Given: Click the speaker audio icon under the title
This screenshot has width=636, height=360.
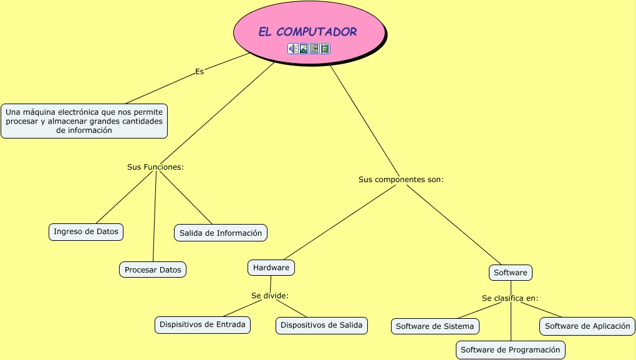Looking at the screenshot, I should tap(292, 49).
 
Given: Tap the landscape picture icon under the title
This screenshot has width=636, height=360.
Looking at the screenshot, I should tap(304, 49).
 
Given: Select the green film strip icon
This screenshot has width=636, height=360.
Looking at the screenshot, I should tap(325, 49).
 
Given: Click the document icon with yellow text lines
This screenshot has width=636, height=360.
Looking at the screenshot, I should tap(314, 49).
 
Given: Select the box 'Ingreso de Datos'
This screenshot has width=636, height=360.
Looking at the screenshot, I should tap(86, 231).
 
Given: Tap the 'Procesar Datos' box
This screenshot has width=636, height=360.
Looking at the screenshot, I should tap(153, 270).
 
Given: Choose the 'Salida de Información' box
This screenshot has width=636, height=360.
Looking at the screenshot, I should tap(221, 233).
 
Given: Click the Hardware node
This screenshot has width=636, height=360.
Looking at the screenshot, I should tap(271, 268).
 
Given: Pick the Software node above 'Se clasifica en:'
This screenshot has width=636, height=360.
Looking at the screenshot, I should tap(511, 273).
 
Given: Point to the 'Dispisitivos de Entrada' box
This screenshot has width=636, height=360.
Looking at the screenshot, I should tap(203, 324).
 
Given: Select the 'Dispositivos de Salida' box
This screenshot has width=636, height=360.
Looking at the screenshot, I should tap(322, 325).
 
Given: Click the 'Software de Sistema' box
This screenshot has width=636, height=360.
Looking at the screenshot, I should tap(435, 326).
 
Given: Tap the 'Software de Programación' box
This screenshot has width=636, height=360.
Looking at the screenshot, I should tap(511, 350).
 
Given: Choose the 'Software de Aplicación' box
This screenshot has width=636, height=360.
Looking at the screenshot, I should tap(587, 326).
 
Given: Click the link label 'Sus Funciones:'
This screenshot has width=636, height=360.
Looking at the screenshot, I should tap(155, 167).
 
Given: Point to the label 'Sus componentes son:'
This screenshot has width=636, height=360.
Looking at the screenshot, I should tap(401, 180).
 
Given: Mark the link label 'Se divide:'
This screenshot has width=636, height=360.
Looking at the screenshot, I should tap(270, 295).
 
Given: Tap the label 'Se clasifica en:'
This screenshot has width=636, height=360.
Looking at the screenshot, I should tap(510, 298).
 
